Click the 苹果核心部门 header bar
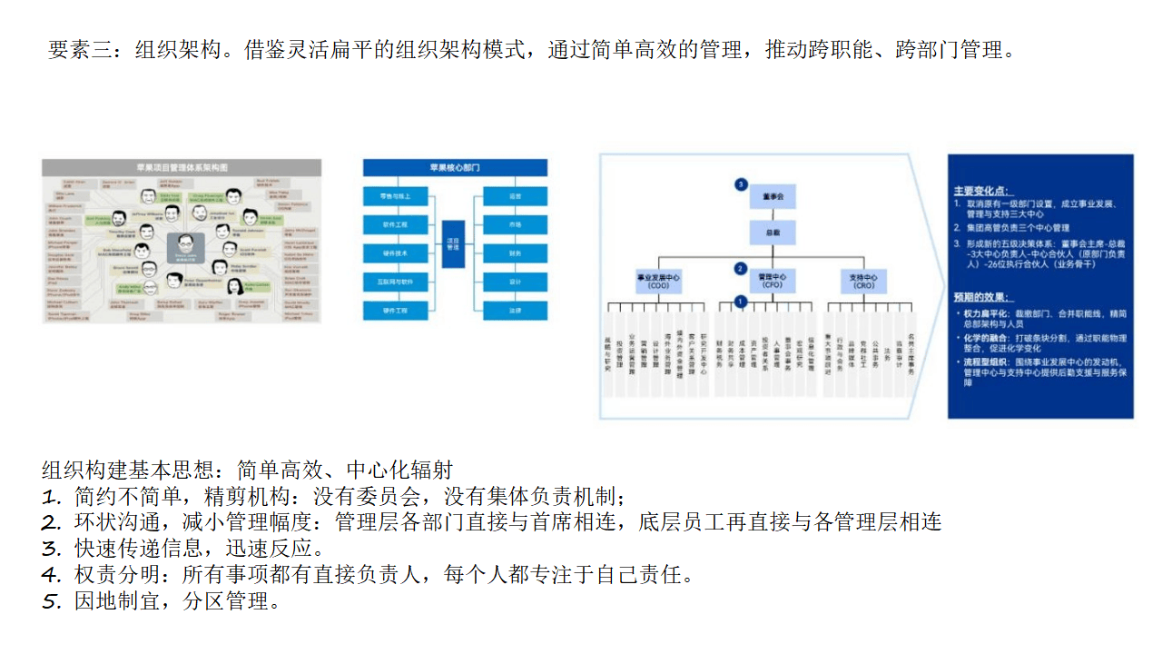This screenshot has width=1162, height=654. click(455, 168)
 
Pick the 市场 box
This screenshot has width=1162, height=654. click(515, 223)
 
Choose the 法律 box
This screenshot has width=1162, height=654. click(515, 310)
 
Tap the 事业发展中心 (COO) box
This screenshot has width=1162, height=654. click(658, 281)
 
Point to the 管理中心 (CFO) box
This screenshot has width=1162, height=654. click(773, 281)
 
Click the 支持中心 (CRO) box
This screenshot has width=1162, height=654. click(863, 281)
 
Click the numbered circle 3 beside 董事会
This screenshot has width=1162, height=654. click(741, 184)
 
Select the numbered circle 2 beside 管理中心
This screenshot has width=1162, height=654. click(741, 269)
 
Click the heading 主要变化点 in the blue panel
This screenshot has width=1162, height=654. click(980, 192)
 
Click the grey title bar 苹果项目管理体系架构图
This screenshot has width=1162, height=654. click(182, 168)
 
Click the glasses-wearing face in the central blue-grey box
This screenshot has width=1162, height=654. click(186, 243)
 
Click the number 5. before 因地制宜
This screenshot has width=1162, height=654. click(51, 601)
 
